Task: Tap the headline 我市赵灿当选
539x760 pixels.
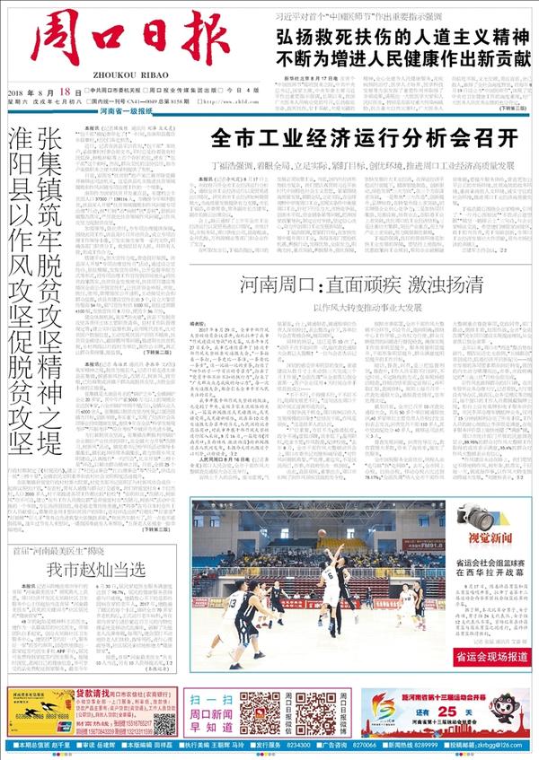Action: (95, 569)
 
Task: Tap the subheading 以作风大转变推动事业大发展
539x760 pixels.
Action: (360, 306)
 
